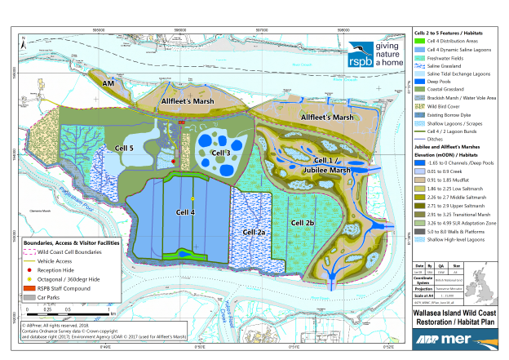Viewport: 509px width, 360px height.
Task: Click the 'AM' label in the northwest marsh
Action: pos(107,83)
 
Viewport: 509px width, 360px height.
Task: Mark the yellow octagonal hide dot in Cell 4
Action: pos(193,198)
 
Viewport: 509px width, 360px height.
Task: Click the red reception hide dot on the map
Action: pos(174,162)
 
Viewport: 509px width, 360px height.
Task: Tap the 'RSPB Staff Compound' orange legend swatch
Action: pos(37,287)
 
